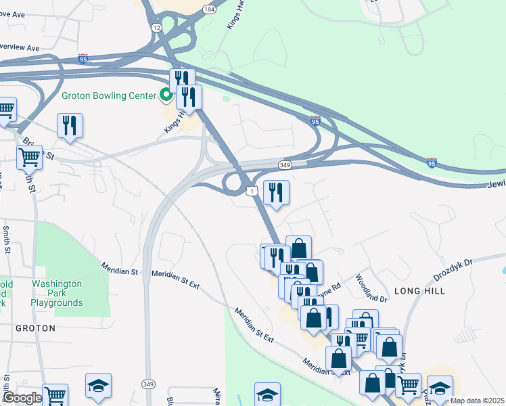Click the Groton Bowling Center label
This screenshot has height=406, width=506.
109,95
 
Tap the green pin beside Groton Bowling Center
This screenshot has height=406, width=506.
165,95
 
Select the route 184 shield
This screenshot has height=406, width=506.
210,9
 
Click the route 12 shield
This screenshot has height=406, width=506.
156,27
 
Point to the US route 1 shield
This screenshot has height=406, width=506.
252,193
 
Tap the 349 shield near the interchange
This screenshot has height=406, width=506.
285,165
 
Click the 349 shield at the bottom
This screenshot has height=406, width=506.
148,384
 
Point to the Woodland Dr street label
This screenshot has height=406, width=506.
371,288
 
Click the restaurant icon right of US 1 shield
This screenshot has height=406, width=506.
276,193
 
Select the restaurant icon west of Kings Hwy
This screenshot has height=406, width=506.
70,126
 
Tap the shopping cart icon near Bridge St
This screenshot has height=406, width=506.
29,157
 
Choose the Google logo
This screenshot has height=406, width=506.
22,399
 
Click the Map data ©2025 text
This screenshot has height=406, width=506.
477,401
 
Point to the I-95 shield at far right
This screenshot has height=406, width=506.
432,162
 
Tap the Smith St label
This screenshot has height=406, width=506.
7,237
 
